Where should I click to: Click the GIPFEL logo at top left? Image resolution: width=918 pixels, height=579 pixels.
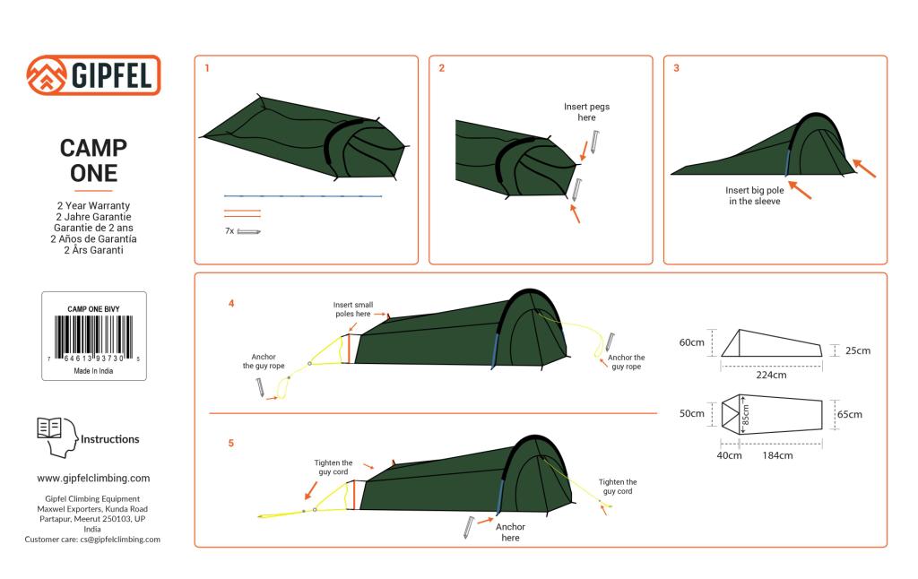coord(93,75)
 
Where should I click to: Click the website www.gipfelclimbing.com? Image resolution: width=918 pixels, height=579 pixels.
coord(93,478)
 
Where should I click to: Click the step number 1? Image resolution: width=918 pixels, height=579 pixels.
coord(208,68)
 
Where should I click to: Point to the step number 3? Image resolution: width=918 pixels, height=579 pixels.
coord(676,68)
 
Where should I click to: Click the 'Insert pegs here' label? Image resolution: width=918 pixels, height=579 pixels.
coord(586,112)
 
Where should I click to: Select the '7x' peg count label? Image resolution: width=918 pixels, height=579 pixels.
coord(229,231)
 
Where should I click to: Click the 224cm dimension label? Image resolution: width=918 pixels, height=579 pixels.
coord(771,375)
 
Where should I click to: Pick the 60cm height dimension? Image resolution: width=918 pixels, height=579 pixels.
coord(690,342)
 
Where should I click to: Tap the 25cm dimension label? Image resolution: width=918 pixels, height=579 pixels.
coord(857,350)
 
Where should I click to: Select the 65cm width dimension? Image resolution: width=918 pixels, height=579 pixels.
coord(850,414)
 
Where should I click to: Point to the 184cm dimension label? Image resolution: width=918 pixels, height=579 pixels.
coord(777,455)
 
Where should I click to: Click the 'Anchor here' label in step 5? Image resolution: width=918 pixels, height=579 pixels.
coord(510,531)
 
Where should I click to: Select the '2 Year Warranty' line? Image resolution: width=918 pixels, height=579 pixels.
coord(93,206)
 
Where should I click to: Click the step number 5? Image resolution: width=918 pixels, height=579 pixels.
coord(230,443)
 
